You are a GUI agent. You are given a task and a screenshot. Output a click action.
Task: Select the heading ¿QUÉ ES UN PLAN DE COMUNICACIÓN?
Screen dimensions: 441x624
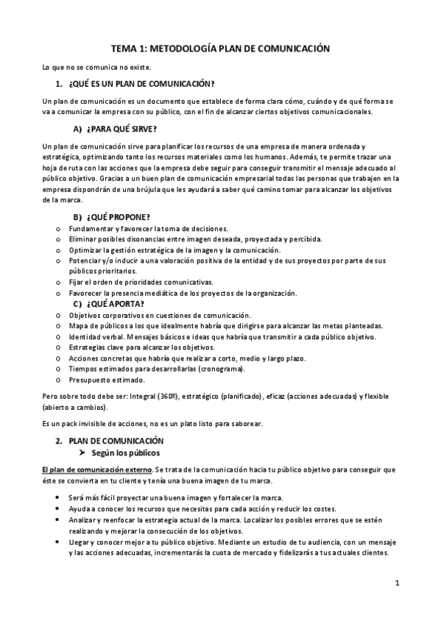tap(141, 84)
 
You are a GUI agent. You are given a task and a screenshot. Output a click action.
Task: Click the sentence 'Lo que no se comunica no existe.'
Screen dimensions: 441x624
tap(96, 68)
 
